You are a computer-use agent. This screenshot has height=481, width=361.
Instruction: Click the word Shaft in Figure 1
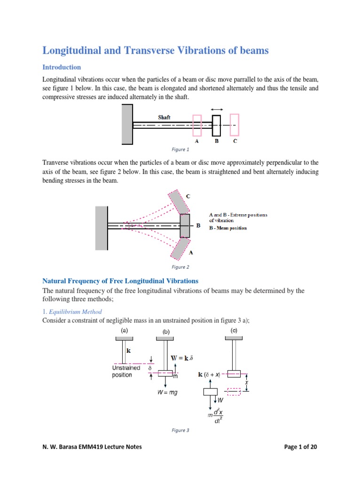coord(164,117)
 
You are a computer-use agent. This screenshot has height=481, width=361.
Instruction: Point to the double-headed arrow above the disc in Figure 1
coord(217,109)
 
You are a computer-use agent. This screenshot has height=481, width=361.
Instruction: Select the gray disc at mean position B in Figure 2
coord(185,226)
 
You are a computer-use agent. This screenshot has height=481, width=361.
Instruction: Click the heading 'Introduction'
coord(62,67)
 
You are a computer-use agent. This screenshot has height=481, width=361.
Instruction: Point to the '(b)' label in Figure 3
coord(166,331)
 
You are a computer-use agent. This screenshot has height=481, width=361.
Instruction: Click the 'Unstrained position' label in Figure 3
coord(126,372)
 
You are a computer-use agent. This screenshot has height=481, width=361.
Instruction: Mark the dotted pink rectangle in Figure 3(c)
coord(234,391)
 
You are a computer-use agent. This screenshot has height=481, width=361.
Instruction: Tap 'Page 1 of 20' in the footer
coord(301,447)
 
